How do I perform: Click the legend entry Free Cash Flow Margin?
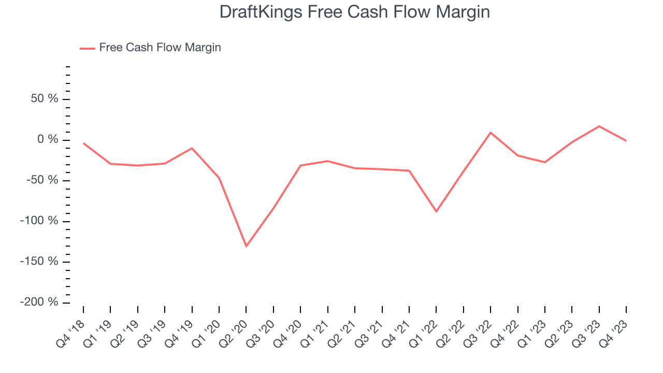pyautogui.click(x=160, y=48)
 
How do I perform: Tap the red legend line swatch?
pyautogui.click(x=87, y=48)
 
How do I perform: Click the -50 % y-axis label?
pyautogui.click(x=41, y=180)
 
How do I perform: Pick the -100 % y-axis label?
pyautogui.click(x=39, y=221)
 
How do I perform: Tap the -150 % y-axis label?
pyautogui.click(x=39, y=262)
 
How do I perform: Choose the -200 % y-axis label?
pyautogui.click(x=39, y=302)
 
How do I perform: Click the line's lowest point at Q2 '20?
pyautogui.click(x=246, y=246)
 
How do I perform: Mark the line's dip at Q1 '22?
pyautogui.click(x=436, y=211)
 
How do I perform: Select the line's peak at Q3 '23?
pyautogui.click(x=599, y=126)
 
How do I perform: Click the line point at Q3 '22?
pyautogui.click(x=491, y=133)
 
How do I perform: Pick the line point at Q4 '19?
pyautogui.click(x=192, y=148)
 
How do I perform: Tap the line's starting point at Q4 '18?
pyautogui.click(x=83, y=143)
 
